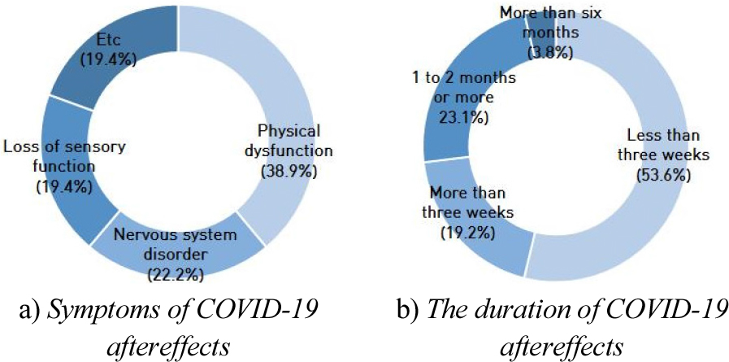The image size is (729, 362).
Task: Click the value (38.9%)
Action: (288, 172)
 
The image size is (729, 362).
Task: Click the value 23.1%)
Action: (459, 117)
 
